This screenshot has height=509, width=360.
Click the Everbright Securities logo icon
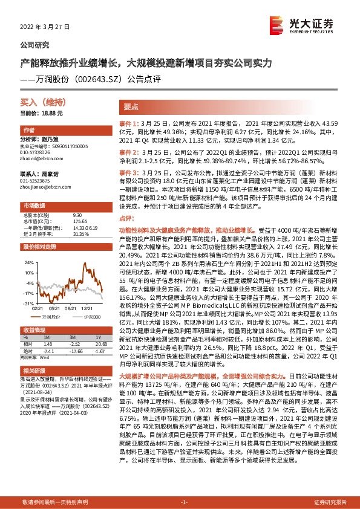[x=277, y=25]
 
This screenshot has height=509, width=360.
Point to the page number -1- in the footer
[x=185, y=502]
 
